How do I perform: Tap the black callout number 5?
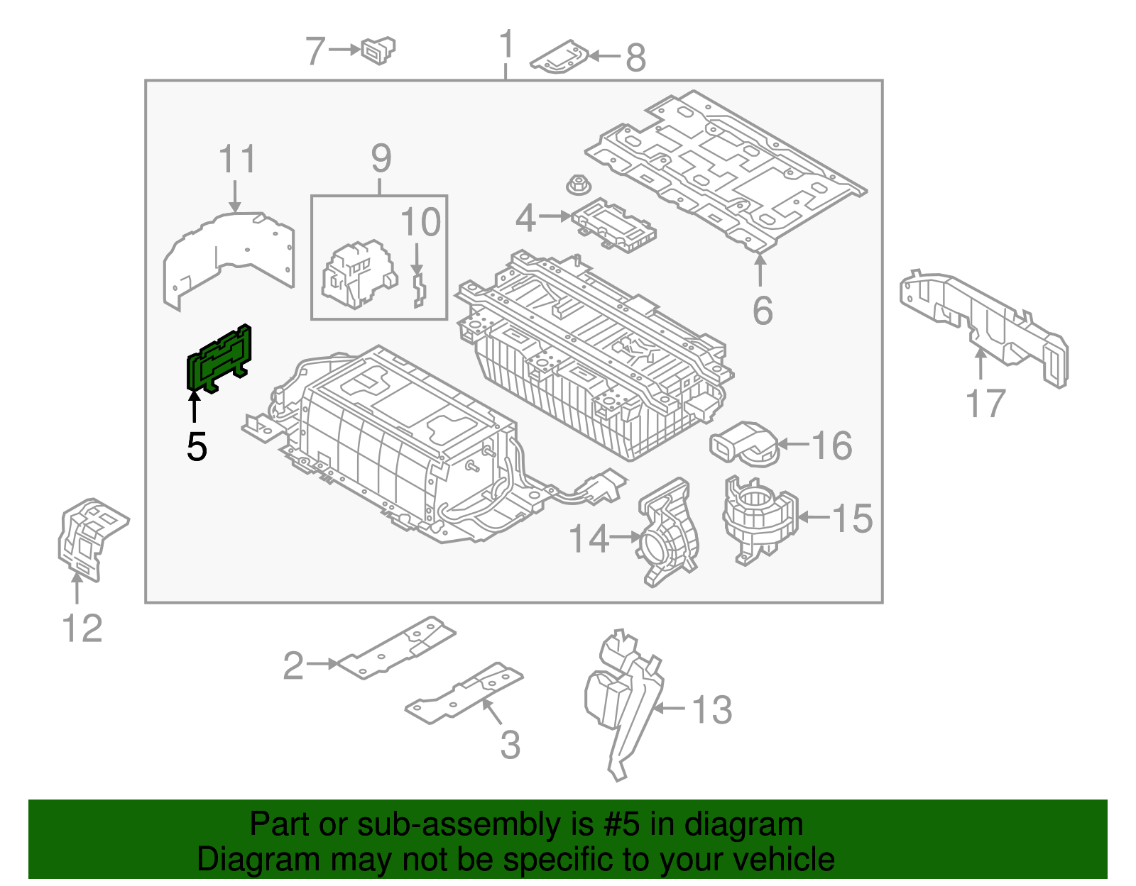(x=197, y=447)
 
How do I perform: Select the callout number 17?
(x=985, y=404)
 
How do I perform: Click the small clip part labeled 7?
(x=378, y=50)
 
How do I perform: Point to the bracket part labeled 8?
(x=559, y=57)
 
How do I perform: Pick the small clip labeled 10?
(x=419, y=291)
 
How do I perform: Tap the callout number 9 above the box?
(x=381, y=158)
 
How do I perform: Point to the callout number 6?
(x=762, y=311)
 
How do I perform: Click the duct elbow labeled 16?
(x=742, y=443)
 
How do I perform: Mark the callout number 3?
(x=510, y=745)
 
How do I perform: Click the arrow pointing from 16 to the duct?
(x=793, y=445)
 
